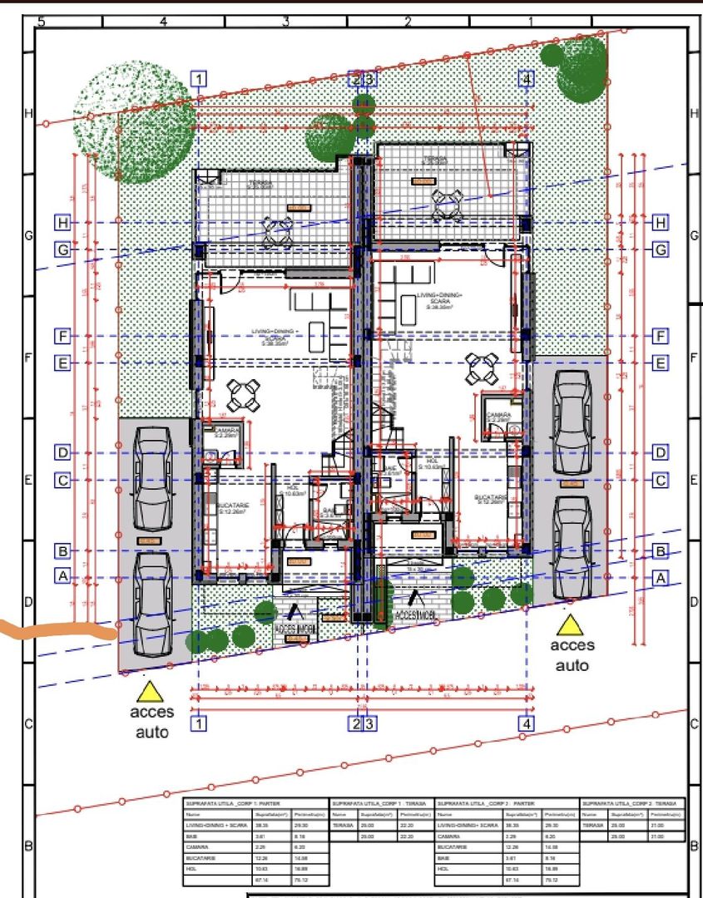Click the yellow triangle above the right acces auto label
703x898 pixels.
click(x=571, y=625)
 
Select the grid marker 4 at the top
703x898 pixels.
click(x=527, y=79)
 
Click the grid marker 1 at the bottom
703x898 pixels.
click(x=199, y=723)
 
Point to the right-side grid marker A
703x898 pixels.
click(x=661, y=577)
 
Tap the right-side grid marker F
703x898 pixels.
click(x=661, y=336)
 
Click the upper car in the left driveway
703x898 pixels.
click(x=152, y=478)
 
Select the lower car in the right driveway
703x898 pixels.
click(x=572, y=549)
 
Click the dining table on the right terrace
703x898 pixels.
click(x=447, y=205)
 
